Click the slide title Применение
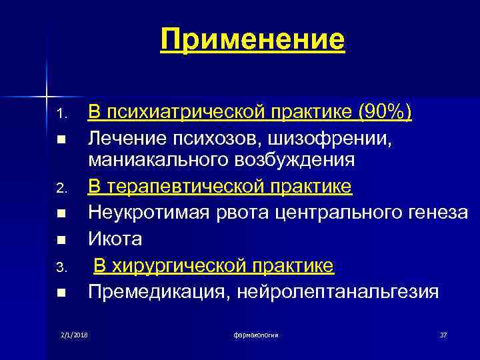click(x=253, y=39)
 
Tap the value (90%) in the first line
click(x=385, y=113)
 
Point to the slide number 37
click(x=443, y=333)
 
